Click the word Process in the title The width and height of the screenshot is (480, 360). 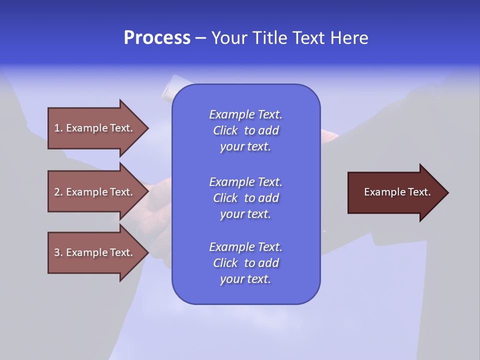point(157,38)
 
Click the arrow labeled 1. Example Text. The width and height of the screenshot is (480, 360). point(95,128)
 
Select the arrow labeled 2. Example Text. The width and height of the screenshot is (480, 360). point(95,192)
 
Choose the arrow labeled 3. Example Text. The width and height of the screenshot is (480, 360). point(95,252)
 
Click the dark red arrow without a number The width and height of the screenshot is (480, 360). point(395,192)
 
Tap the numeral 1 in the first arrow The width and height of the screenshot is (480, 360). point(57,128)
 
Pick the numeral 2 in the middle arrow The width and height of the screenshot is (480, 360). point(57,192)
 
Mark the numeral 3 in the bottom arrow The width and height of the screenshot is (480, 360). point(57,252)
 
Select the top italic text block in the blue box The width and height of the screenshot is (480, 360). point(245,130)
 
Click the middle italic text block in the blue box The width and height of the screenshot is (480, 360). point(245,197)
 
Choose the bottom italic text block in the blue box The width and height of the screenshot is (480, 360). point(245,263)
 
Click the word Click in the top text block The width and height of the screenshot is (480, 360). point(225,130)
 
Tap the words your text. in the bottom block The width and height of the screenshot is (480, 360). point(245,279)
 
